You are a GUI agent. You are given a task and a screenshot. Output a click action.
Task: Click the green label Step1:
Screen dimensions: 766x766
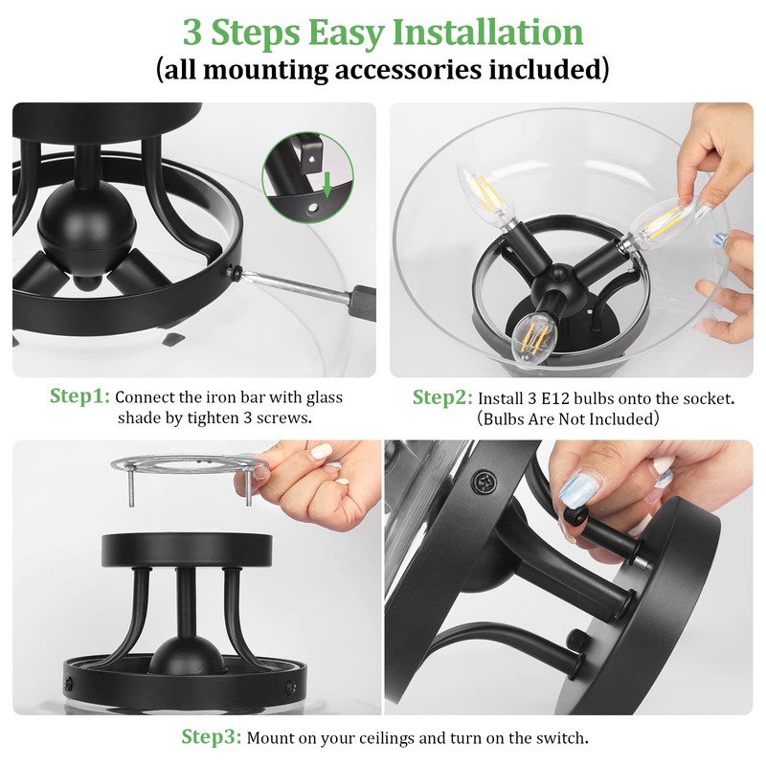[x=79, y=396]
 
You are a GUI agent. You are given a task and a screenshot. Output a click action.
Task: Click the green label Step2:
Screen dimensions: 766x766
[x=442, y=397]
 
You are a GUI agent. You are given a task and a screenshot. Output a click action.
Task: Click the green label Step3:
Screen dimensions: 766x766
[x=211, y=736]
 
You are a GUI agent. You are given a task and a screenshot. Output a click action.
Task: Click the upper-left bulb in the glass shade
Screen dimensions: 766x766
[x=484, y=196]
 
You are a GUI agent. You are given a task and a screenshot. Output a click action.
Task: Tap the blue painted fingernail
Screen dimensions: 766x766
[x=581, y=490]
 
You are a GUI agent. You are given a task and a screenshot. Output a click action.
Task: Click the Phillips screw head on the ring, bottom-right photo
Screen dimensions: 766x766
[x=484, y=481]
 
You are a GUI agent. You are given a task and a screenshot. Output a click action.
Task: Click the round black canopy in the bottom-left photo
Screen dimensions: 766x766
[x=187, y=549]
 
